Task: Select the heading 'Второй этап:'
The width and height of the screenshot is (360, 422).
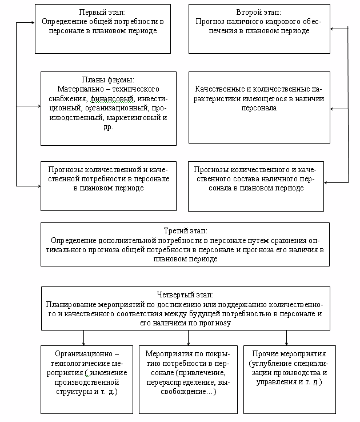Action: pyautogui.click(x=259, y=12)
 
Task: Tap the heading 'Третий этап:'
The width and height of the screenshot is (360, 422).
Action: pyautogui.click(x=185, y=232)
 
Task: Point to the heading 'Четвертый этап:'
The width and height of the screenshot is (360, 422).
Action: pyautogui.click(x=185, y=295)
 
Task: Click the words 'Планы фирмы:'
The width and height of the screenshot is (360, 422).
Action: pyautogui.click(x=108, y=80)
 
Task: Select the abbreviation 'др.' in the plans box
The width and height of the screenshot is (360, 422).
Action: pyautogui.click(x=108, y=127)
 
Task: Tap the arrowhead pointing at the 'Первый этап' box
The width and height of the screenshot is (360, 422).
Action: pyautogui.click(x=33, y=23)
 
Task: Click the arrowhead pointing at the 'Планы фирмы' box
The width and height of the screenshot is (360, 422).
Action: pyautogui.click(x=38, y=106)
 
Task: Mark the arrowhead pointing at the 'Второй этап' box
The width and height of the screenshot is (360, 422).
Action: pyautogui.click(x=333, y=28)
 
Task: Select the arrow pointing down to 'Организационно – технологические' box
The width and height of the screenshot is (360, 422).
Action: pyautogui.click(x=83, y=342)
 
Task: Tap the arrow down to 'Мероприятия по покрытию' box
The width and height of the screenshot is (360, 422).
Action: pyautogui.click(x=188, y=342)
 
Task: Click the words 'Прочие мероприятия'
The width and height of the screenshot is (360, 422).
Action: pyautogui.click(x=286, y=354)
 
